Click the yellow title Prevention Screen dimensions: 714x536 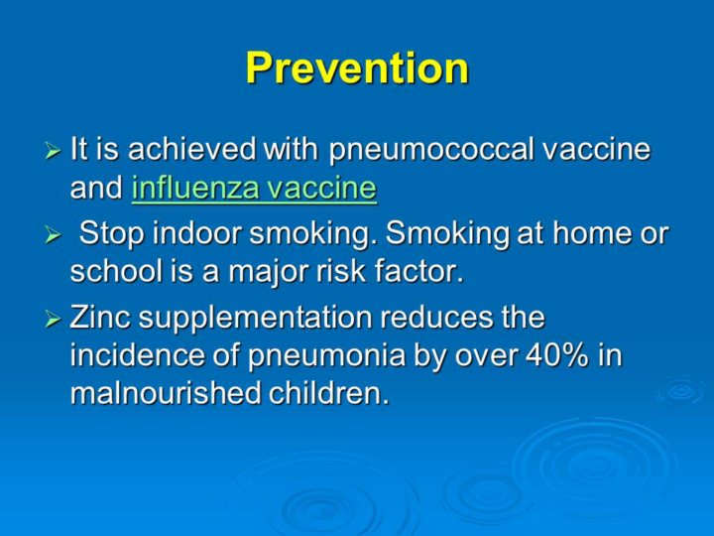coord(357,67)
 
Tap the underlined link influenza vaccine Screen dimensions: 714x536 coord(254,188)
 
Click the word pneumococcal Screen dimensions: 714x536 coord(431,150)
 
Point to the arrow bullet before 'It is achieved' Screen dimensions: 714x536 coord(53,151)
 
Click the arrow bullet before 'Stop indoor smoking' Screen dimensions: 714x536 coord(53,235)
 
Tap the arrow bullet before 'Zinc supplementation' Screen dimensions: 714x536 coord(53,320)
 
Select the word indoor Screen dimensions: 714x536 coord(196,233)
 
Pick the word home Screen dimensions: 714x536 coord(587,233)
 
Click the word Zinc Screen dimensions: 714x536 coord(100,318)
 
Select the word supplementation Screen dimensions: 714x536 coord(256,319)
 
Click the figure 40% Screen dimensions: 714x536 coord(557,355)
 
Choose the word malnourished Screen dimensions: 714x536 coord(166,393)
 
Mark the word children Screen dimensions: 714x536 coord(329,393)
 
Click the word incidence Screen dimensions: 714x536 coord(138,355)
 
